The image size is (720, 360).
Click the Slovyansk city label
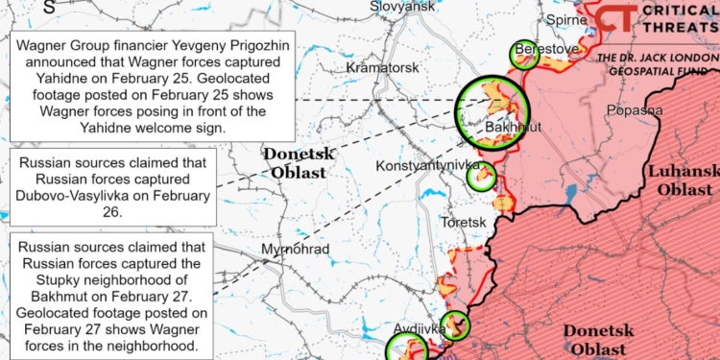point(402,7)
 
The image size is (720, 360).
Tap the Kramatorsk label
point(383,68)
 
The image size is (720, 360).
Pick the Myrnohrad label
point(296,250)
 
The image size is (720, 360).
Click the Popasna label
point(635,109)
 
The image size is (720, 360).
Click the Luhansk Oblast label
point(684,180)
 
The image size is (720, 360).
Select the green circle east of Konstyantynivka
point(480,176)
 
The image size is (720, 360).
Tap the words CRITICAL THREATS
point(681,21)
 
